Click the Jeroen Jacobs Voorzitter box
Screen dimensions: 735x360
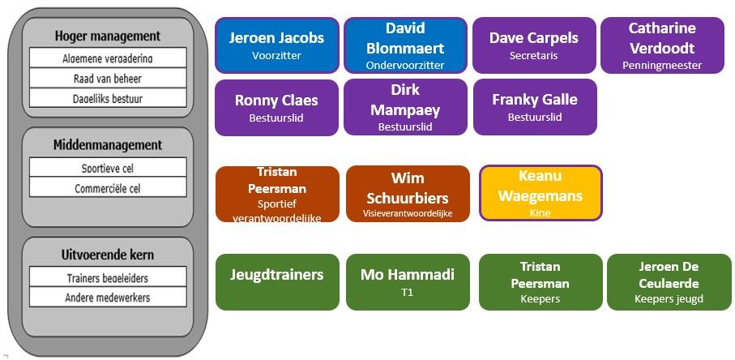pos(276,45)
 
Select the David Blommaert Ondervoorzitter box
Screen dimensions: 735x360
pos(405,45)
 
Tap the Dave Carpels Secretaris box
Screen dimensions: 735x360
pos(534,45)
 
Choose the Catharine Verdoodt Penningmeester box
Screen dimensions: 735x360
pos(662,45)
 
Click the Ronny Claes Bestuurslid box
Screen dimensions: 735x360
pos(276,107)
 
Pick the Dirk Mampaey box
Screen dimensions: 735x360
pos(405,107)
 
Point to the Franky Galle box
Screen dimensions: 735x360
pos(535,107)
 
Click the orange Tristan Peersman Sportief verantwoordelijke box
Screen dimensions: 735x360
pos(277,194)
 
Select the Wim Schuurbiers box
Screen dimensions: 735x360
pos(408,194)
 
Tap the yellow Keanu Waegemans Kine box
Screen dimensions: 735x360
pos(541,193)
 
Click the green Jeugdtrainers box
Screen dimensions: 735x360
pos(277,281)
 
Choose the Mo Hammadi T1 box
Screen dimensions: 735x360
pos(408,281)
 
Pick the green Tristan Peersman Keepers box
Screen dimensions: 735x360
pos(541,281)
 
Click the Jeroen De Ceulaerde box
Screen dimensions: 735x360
pos(669,281)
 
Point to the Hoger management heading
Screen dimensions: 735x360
pos(108,36)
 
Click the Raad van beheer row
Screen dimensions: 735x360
pos(108,79)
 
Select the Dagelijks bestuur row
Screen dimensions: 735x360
pos(108,98)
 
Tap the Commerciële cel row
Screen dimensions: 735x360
pos(108,188)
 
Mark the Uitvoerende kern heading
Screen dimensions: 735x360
pos(108,255)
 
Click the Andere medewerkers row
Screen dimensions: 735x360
pos(108,298)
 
